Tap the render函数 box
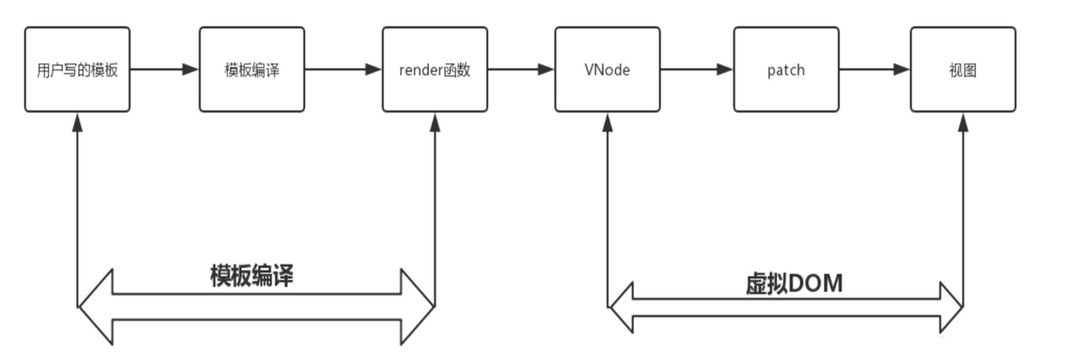[x=435, y=70]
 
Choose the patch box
[x=785, y=70]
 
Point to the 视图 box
[x=962, y=70]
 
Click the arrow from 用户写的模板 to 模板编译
[x=163, y=70]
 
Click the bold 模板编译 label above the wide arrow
[x=253, y=275]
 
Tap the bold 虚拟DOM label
[x=794, y=283]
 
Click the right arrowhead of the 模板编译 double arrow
[x=421, y=307]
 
